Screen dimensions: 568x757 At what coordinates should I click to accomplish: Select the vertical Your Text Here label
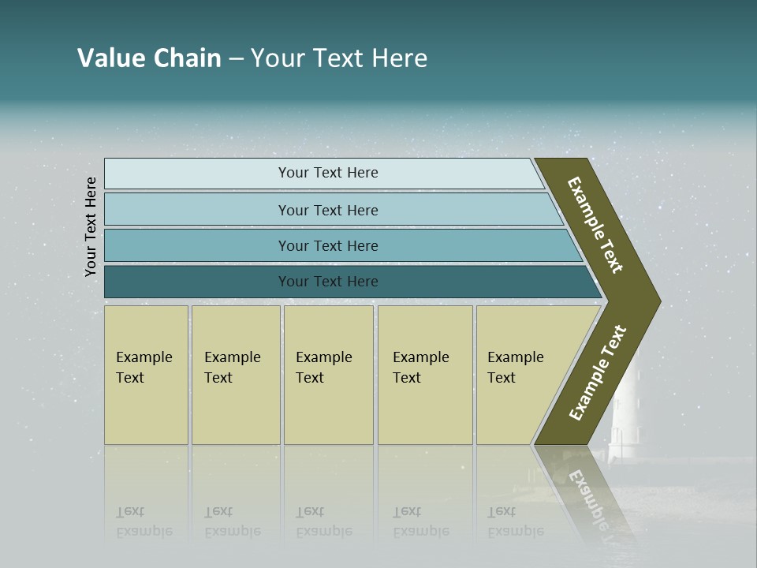[x=91, y=227]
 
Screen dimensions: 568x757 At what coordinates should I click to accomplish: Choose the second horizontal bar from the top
[x=327, y=210]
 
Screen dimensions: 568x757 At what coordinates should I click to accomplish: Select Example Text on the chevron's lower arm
[x=598, y=373]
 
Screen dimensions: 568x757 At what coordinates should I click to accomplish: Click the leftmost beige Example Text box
[x=146, y=375]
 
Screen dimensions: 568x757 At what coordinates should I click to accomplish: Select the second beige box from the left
[x=236, y=375]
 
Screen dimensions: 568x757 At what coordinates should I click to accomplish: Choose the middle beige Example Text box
[x=328, y=375]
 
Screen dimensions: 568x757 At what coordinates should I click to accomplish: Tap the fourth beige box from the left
[x=425, y=375]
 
